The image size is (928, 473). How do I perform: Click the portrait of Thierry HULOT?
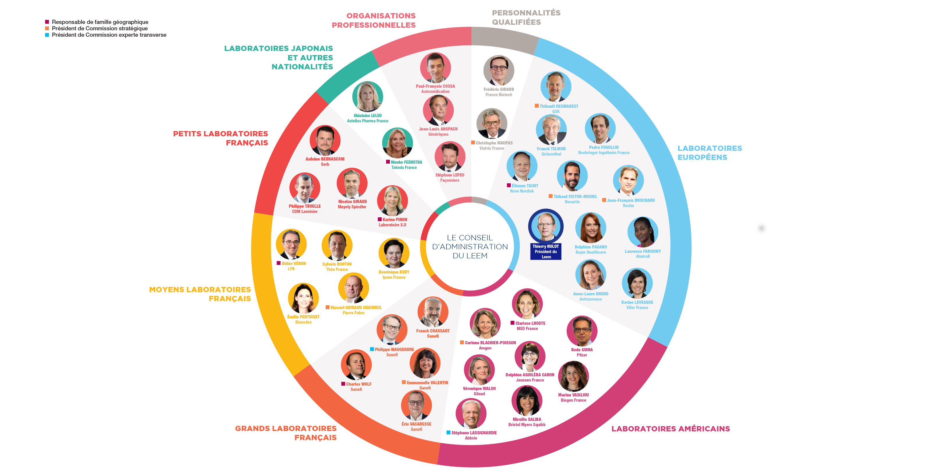(546, 226)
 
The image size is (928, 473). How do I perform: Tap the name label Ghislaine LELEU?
(368, 116)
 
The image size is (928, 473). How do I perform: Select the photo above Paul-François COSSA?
(435, 68)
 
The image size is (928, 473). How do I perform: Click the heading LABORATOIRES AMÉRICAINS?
(670, 429)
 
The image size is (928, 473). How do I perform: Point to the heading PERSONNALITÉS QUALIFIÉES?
(526, 17)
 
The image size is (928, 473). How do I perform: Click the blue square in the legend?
(47, 35)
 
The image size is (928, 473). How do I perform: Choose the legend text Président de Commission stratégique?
(100, 29)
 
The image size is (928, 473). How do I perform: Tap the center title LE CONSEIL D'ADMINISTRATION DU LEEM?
(470, 247)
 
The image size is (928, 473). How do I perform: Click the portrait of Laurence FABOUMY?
(643, 232)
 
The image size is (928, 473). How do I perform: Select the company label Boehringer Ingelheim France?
(604, 153)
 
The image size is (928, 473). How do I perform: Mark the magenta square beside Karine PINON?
(380, 219)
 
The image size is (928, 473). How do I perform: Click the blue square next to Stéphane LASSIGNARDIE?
(448, 432)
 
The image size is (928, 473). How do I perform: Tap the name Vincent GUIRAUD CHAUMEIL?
(356, 308)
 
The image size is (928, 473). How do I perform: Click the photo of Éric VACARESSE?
(416, 405)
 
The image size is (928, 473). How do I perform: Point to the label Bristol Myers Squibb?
(527, 425)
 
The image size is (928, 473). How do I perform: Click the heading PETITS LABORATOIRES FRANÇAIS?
(221, 138)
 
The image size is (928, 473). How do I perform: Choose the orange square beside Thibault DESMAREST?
(537, 106)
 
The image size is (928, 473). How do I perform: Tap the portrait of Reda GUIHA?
(582, 331)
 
